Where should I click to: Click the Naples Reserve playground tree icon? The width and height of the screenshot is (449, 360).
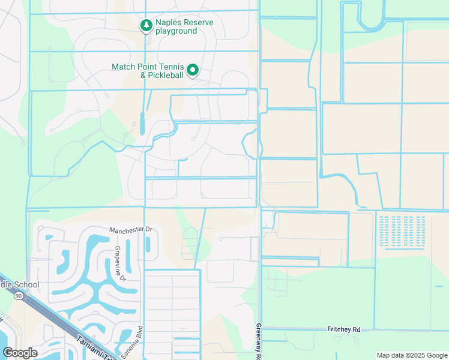click(145, 26)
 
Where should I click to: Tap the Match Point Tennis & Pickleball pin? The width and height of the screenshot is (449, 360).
click(193, 71)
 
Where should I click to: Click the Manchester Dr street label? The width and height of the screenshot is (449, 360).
click(131, 230)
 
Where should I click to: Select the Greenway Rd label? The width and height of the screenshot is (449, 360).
click(259, 341)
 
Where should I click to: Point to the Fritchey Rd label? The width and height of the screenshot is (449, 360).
click(344, 329)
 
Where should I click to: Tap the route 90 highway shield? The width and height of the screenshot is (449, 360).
click(19, 296)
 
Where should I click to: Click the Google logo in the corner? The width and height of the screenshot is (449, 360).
click(20, 352)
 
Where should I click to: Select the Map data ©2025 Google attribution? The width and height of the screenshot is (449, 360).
click(411, 355)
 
